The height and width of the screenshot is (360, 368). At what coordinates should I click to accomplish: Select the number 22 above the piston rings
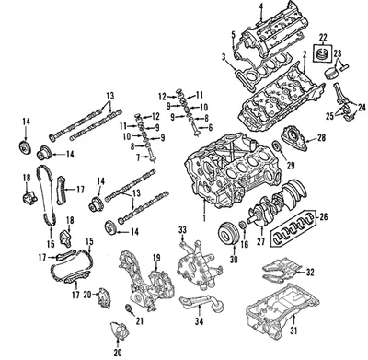tap(323, 37)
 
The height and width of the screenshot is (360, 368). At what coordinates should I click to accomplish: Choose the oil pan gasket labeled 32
tap(281, 270)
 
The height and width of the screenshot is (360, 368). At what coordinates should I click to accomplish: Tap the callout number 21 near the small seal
tap(140, 320)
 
